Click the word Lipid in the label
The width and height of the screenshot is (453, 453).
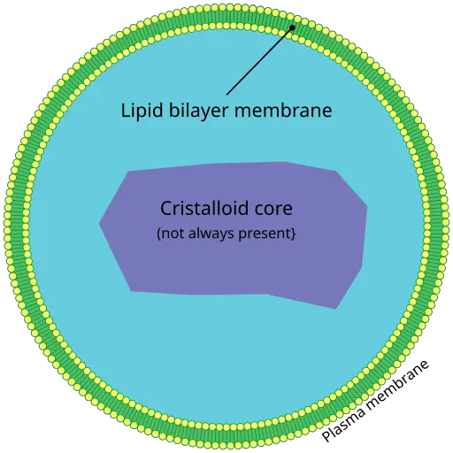point(142,111)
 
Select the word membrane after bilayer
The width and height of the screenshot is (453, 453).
point(283,110)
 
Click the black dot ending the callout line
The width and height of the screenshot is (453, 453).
point(292,27)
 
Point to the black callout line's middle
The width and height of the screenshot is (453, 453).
point(259,61)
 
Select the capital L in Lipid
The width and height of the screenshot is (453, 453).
point(126,110)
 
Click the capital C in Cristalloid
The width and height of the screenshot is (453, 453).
point(166,208)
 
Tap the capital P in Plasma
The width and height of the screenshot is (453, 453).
point(326,435)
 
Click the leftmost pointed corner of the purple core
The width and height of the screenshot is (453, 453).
point(99,224)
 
